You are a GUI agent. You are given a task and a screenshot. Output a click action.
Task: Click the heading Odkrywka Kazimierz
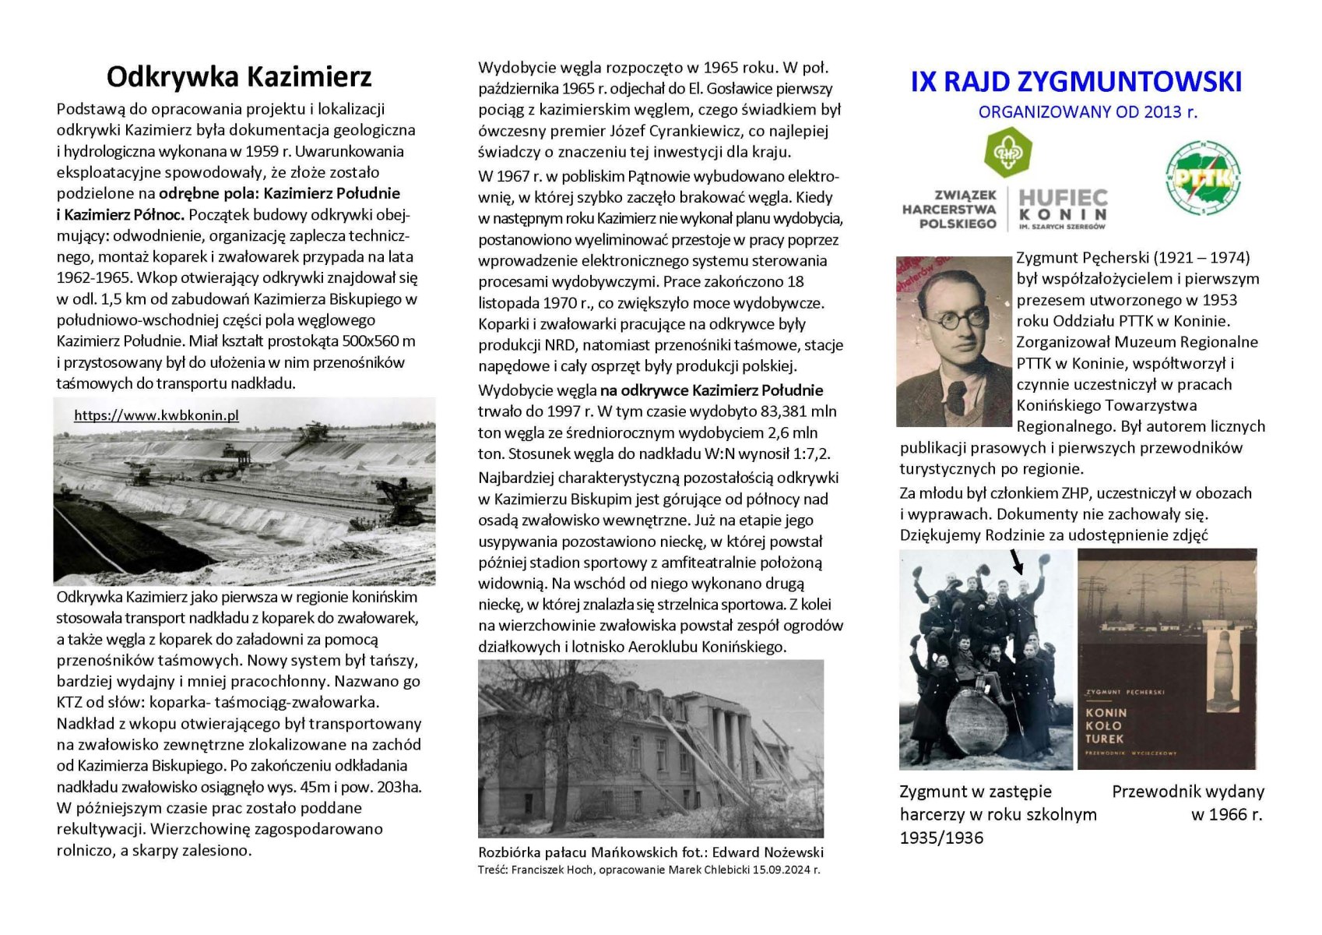click(239, 77)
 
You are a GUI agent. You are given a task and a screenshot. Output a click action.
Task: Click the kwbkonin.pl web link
click(156, 415)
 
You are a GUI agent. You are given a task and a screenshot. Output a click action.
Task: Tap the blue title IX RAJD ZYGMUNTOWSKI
click(1076, 82)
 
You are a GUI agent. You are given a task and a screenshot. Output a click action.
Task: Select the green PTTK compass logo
click(1203, 178)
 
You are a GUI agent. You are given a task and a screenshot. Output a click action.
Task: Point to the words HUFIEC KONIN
click(1063, 206)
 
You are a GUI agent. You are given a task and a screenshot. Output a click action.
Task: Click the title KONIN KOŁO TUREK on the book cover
click(1106, 725)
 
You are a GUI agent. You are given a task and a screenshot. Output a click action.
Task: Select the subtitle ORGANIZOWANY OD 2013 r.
click(1088, 112)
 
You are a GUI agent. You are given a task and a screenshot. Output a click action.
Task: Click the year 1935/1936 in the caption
click(941, 838)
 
